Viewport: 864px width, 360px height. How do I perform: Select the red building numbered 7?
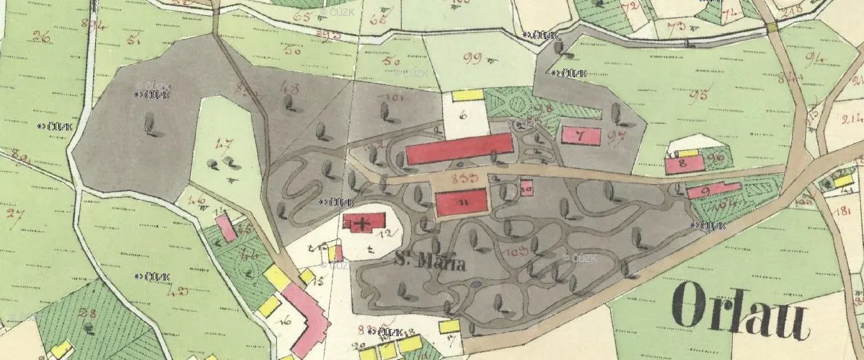pos(581,136)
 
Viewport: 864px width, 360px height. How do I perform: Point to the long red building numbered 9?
pos(713,190)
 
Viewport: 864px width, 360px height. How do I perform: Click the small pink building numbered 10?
pos(526,189)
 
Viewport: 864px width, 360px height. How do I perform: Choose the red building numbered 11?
pos(462,203)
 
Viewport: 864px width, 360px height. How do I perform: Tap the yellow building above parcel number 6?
pos(467,95)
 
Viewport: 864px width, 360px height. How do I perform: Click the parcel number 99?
pos(473,58)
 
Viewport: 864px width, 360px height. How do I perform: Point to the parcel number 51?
pos(133,40)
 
